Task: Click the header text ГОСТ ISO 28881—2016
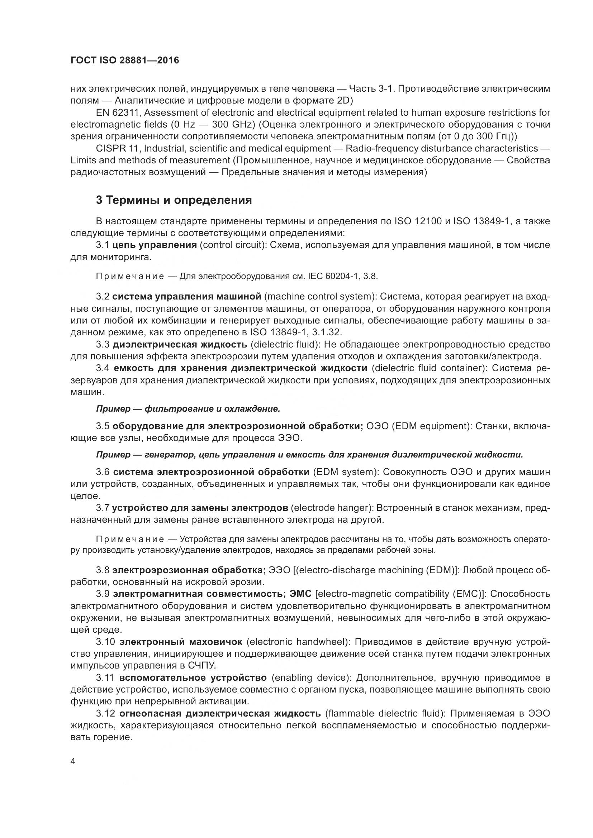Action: (x=124, y=61)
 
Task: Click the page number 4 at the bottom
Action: (x=73, y=762)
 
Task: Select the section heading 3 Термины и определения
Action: (x=174, y=200)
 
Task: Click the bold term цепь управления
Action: (x=155, y=245)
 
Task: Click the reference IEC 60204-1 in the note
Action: (x=331, y=276)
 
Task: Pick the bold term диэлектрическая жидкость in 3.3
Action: (x=180, y=345)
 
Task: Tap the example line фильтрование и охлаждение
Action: (x=212, y=409)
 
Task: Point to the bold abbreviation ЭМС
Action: (x=300, y=594)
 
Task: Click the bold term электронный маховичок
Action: (x=181, y=642)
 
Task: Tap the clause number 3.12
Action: (x=106, y=714)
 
